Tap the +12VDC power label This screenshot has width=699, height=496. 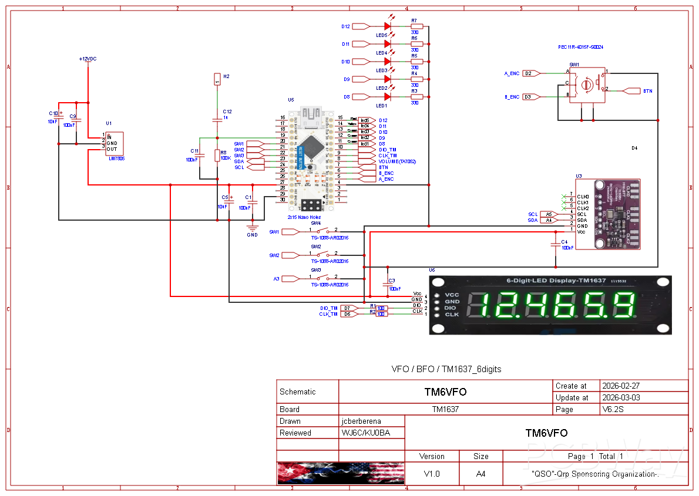click(x=88, y=59)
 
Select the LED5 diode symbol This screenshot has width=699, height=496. click(x=388, y=26)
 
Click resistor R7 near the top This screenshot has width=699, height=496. click(x=417, y=26)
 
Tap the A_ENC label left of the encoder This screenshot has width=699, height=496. click(x=512, y=73)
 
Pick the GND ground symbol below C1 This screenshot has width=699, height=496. click(x=253, y=228)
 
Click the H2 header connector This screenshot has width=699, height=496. click(x=217, y=79)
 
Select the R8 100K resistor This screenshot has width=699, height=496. click(x=217, y=156)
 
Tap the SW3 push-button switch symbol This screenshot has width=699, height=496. click(x=322, y=278)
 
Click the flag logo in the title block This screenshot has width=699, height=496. click(x=341, y=473)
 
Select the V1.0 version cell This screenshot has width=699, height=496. click(x=431, y=474)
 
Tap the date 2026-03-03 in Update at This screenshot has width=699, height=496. click(x=621, y=397)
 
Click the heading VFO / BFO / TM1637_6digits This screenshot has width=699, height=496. click(x=446, y=369)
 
